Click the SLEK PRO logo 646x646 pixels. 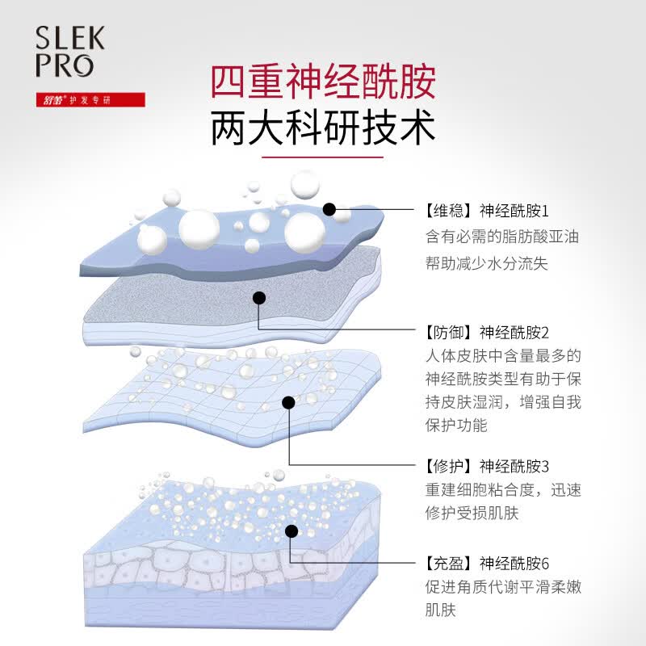pyautogui.click(x=69, y=52)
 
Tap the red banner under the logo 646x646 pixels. pyautogui.click(x=90, y=99)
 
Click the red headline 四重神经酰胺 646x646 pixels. pyautogui.click(x=323, y=82)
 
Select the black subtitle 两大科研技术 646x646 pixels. pyautogui.click(x=323, y=128)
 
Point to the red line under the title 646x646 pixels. pyautogui.click(x=322, y=157)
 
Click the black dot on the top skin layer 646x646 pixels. pyautogui.click(x=329, y=209)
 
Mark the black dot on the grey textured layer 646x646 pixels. pyautogui.click(x=258, y=298)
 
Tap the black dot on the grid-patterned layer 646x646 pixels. pyautogui.click(x=289, y=402)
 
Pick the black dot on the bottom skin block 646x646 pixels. pyautogui.click(x=292, y=531)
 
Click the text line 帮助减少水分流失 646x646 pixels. pyautogui.click(x=487, y=264)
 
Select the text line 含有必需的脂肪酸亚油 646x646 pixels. pyautogui.click(x=502, y=237)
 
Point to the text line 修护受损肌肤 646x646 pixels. pyautogui.click(x=472, y=514)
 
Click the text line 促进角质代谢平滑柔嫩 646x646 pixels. pyautogui.click(x=503, y=587)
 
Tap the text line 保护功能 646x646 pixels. pyautogui.click(x=456, y=426)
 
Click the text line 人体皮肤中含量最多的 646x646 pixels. pyautogui.click(x=503, y=356)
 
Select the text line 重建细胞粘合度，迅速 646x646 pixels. pyautogui.click(x=503, y=490)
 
